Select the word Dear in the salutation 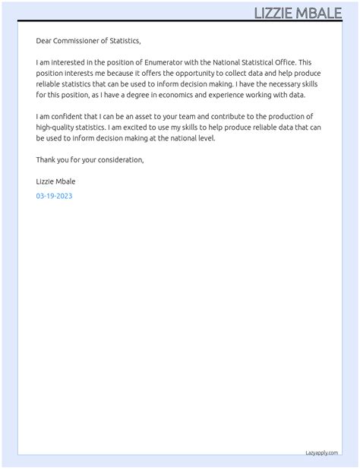coord(44,40)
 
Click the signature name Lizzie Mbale coord(55,181)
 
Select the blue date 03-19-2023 coord(54,196)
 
